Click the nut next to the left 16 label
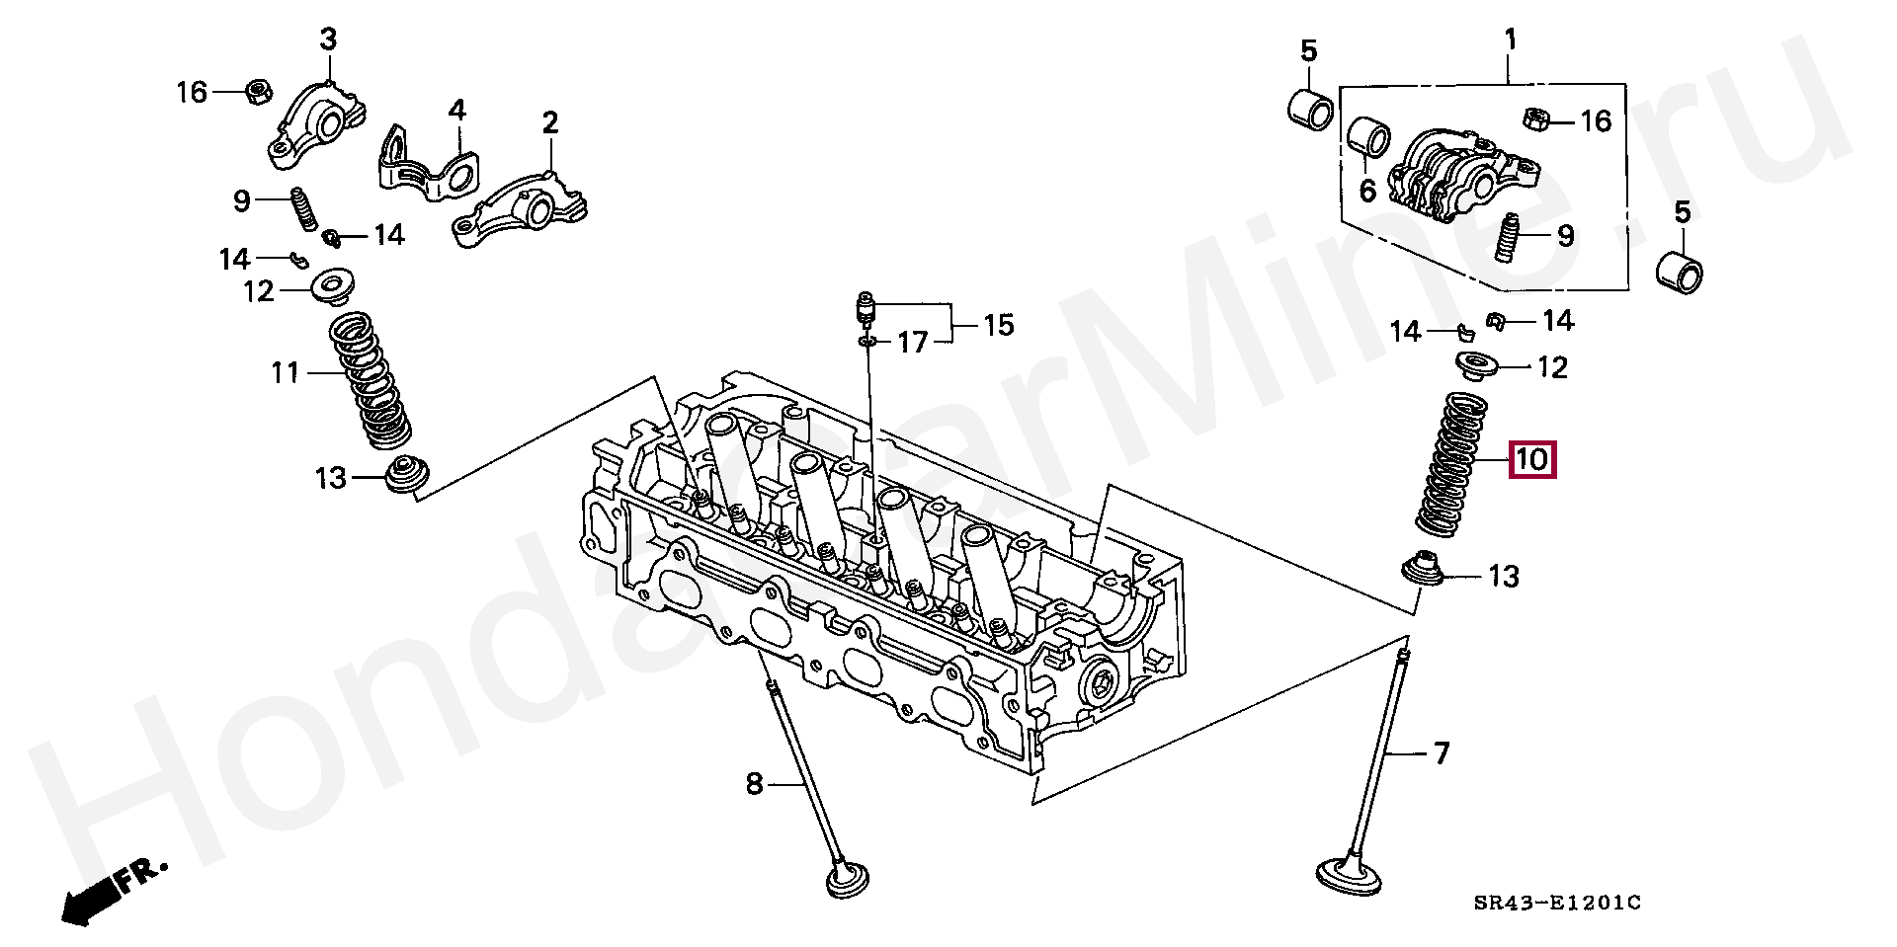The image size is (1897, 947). click(x=257, y=93)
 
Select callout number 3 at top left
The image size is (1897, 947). click(x=327, y=40)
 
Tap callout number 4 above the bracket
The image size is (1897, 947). click(x=456, y=110)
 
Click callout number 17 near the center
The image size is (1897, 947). click(x=912, y=343)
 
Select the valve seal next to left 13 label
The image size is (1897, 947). click(x=405, y=476)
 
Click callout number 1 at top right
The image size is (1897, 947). click(x=1509, y=40)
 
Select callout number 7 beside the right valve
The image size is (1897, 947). click(x=1442, y=754)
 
